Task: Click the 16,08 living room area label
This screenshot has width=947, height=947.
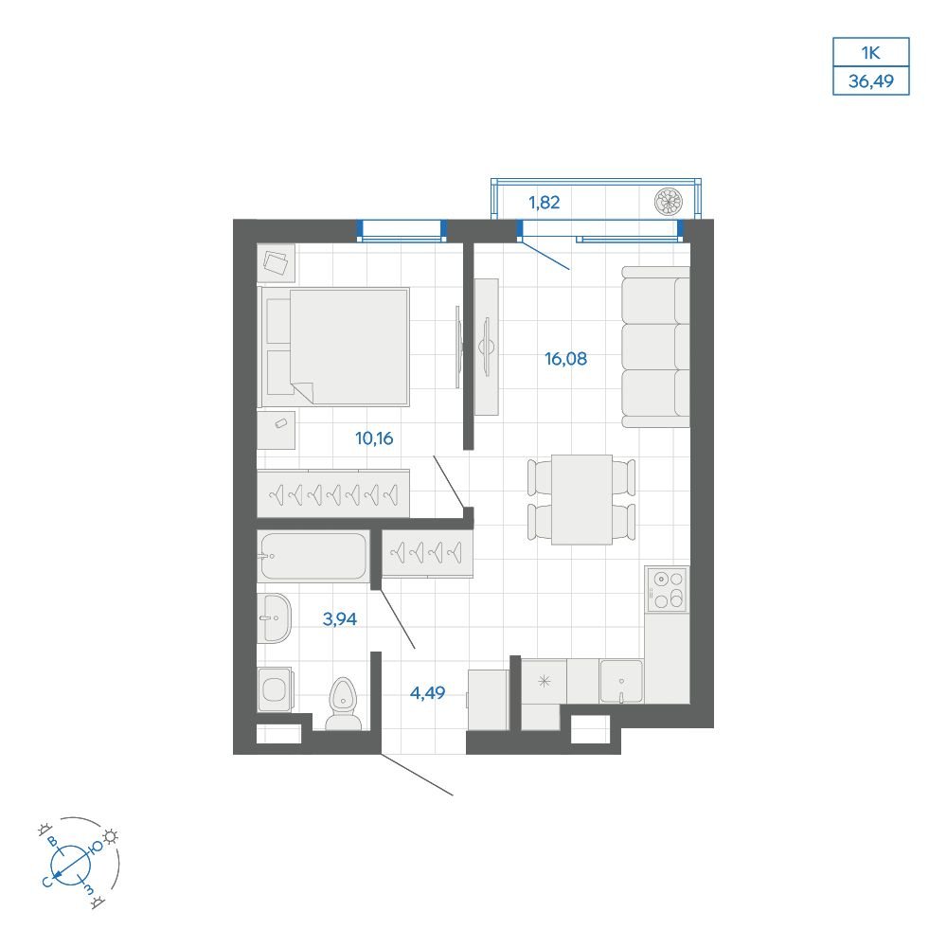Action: pos(565,359)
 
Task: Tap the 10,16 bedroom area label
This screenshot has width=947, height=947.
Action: pos(374,438)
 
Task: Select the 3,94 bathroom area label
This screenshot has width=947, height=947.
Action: pos(339,619)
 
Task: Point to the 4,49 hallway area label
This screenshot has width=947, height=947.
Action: pos(428,693)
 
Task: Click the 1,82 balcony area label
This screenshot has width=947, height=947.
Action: pos(545,203)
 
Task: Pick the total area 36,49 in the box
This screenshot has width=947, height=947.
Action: pos(871,80)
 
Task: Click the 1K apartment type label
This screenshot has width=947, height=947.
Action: pos(871,52)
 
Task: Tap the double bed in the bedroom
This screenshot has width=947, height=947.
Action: pos(334,347)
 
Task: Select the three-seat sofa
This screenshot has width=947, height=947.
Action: pos(656,347)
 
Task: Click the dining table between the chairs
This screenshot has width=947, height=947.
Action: pos(581,499)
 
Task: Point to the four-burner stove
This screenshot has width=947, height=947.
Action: pos(667,589)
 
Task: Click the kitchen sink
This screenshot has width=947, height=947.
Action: pos(621,681)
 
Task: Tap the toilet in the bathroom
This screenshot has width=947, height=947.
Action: pos(343,704)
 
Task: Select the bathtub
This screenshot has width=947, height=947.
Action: pos(313,556)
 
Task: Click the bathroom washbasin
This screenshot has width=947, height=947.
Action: pos(275,617)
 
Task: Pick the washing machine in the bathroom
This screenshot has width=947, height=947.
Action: pos(276,689)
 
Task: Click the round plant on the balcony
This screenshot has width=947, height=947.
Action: pos(668,201)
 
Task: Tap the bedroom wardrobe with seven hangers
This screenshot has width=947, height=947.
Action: pos(333,494)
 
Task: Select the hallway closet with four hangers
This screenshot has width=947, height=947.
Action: pos(427,553)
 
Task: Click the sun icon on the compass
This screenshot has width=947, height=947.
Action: pos(110,836)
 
